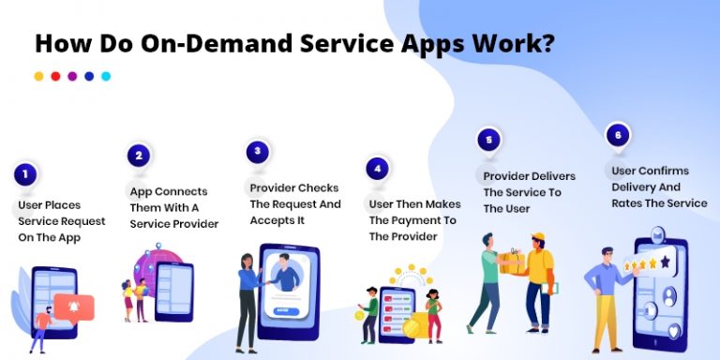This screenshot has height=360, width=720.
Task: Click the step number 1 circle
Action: coord(25,172)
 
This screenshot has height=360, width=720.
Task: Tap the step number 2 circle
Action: coord(139,156)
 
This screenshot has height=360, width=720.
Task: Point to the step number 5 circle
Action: coord(487,141)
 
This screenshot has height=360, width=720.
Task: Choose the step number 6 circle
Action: coord(616,134)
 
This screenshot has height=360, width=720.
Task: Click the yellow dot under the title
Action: coord(38,76)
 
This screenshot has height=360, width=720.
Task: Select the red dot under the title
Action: coord(55,76)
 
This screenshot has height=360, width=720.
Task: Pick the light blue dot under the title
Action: coord(106,76)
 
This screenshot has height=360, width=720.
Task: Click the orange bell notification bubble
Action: coord(75,306)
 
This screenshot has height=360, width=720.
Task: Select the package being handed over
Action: coord(511,262)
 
